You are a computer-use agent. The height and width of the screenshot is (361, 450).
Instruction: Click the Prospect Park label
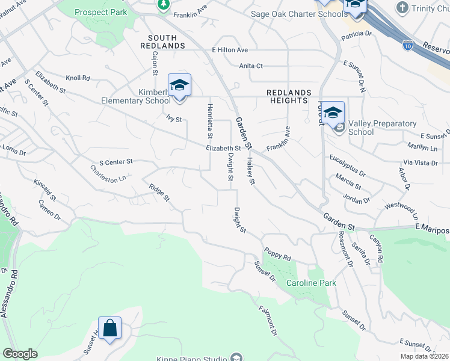pyautogui.click(x=101, y=12)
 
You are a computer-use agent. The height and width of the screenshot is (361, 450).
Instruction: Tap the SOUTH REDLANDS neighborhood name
pyautogui.click(x=162, y=42)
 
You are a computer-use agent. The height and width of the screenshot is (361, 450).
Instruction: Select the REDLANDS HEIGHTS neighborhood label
pyautogui.click(x=289, y=96)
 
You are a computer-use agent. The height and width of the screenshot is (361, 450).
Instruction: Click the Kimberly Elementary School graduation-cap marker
pyautogui.click(x=179, y=86)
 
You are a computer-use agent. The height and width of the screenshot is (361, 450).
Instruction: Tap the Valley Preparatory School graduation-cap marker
pyautogui.click(x=333, y=113)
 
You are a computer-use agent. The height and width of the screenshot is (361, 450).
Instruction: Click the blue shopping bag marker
pyautogui.click(x=109, y=329)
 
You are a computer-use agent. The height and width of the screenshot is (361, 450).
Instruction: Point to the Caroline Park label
pyautogui.click(x=310, y=283)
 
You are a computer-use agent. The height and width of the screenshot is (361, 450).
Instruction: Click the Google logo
pyautogui.click(x=20, y=354)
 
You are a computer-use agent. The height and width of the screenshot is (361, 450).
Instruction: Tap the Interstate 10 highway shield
pyautogui.click(x=407, y=44)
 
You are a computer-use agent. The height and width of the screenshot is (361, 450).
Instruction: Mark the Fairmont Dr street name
pyautogui.click(x=268, y=321)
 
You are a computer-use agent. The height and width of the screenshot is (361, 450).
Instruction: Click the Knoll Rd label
pyautogui.click(x=78, y=78)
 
